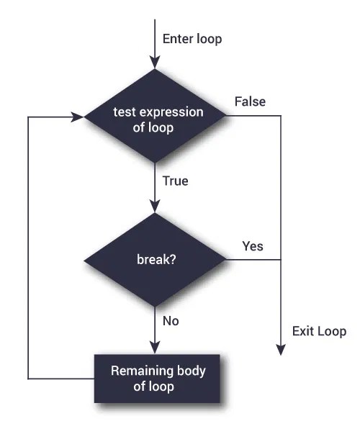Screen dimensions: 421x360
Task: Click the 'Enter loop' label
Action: pyautogui.click(x=192, y=38)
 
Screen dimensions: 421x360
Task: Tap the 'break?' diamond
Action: pyautogui.click(x=155, y=260)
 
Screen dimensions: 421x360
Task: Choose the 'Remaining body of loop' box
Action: pyautogui.click(x=155, y=378)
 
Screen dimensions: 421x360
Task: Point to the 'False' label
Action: pyautogui.click(x=250, y=101)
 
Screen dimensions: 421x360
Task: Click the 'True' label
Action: pyautogui.click(x=176, y=181)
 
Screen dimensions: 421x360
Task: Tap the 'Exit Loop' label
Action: pyautogui.click(x=319, y=332)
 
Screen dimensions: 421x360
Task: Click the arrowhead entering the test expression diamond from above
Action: pyautogui.click(x=155, y=63)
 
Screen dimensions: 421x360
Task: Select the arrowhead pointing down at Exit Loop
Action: pyautogui.click(x=280, y=350)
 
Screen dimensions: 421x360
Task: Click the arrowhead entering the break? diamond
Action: pyautogui.click(x=155, y=207)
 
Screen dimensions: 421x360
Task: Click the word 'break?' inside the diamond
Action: pyautogui.click(x=154, y=260)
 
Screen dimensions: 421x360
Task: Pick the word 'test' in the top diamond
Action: pyautogui.click(x=123, y=112)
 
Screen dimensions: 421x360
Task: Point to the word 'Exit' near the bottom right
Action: pyautogui.click(x=303, y=332)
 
